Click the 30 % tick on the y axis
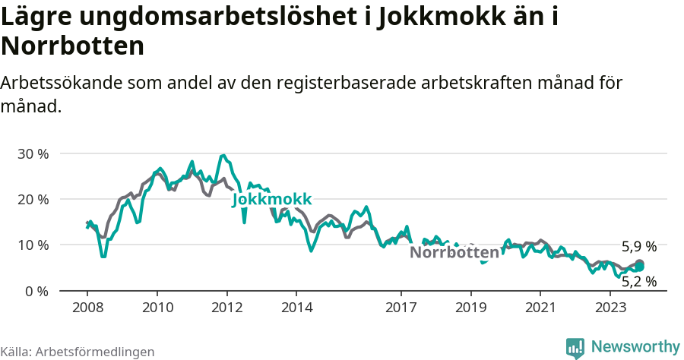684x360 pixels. [x=33, y=153]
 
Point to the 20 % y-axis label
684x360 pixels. [x=33, y=199]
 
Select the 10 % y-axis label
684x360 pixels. [x=33, y=245]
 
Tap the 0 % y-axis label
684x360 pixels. [x=36, y=291]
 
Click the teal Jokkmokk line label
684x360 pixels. [x=272, y=199]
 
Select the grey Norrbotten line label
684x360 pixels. [x=454, y=252]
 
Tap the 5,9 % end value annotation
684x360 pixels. [x=638, y=247]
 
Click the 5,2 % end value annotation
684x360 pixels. [x=638, y=282]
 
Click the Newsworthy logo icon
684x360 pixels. [x=575, y=347]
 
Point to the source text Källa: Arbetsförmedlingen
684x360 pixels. [x=78, y=352]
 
